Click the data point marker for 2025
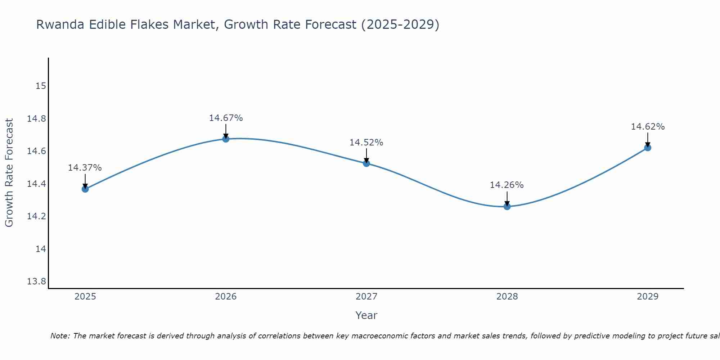(x=85, y=189)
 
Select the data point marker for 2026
(x=226, y=139)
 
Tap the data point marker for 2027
(x=366, y=163)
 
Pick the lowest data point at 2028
(x=507, y=206)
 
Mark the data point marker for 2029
(x=648, y=147)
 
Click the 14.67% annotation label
(x=226, y=118)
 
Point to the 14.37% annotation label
(x=85, y=167)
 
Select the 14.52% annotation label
(x=366, y=142)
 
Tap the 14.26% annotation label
(x=507, y=185)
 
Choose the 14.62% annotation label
(x=648, y=126)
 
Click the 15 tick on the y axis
(x=41, y=86)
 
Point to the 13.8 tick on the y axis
(x=36, y=281)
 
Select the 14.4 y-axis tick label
(x=36, y=184)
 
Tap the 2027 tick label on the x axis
(x=366, y=296)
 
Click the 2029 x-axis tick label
(x=648, y=296)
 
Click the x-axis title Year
(x=366, y=315)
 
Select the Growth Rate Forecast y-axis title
(x=9, y=173)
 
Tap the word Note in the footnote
(x=59, y=336)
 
